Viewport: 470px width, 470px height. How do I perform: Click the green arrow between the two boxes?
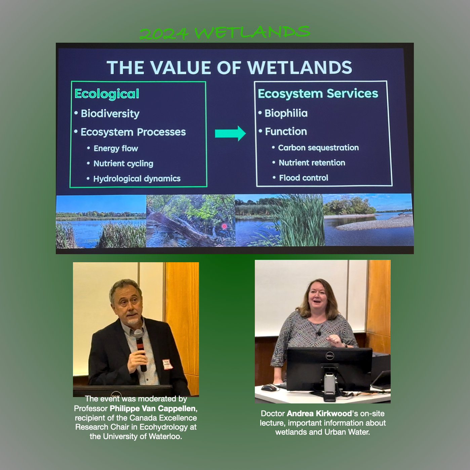pos(230,133)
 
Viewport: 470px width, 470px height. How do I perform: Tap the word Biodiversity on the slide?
pos(110,114)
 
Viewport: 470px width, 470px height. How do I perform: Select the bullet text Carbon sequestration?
pos(318,148)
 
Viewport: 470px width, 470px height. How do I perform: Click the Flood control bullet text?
pos(303,178)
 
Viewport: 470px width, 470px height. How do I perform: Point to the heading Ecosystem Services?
pos(318,94)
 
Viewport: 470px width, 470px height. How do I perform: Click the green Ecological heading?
pos(107,94)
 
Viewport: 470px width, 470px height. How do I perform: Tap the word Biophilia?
pos(286,113)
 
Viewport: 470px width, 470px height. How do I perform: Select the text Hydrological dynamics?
pos(137,179)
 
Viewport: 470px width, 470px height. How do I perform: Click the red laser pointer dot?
pos(224,226)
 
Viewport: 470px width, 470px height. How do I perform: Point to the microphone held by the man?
pos(140,349)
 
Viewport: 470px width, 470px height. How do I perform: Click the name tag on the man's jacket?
pos(167,364)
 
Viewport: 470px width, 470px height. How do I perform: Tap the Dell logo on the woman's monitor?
pos(329,356)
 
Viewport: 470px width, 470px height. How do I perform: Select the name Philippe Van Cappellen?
pos(153,408)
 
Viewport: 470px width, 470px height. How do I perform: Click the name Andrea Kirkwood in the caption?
pos(319,414)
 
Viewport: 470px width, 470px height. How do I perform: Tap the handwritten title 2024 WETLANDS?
pos(225,32)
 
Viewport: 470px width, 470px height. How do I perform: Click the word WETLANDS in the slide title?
pos(300,68)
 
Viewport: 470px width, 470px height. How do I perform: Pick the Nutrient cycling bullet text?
pos(123,164)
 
